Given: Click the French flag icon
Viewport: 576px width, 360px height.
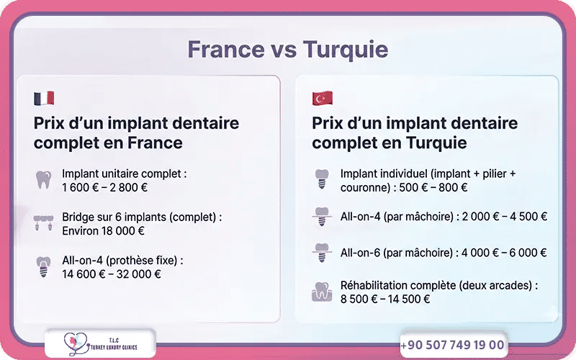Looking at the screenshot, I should pos(44,98).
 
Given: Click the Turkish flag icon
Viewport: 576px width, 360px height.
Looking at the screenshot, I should pos(322,98).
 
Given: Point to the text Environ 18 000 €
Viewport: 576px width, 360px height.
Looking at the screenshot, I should pos(104,231).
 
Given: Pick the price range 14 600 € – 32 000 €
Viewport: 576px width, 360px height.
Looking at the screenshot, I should pos(112,274).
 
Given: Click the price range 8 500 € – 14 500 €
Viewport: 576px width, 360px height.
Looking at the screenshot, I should pos(385,299).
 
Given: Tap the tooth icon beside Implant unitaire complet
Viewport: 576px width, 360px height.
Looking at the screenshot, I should pos(44,179).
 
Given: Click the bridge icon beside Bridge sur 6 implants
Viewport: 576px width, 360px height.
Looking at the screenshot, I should pos(44,223).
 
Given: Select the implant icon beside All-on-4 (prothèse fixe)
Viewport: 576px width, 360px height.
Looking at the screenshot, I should pos(44,267).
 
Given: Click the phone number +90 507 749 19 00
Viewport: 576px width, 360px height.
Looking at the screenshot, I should pos(452,345).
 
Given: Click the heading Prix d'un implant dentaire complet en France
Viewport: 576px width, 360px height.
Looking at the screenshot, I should pos(136,132).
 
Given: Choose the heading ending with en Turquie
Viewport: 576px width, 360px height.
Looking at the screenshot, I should pos(414,132).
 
